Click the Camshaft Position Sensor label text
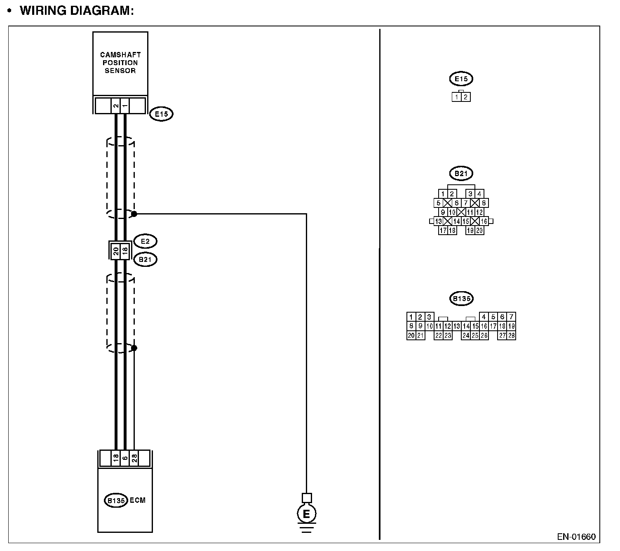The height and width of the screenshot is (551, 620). (x=120, y=63)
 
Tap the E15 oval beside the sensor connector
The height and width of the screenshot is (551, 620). (x=161, y=114)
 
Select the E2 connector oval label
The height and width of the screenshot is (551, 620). (x=145, y=241)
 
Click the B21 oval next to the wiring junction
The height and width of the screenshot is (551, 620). (x=145, y=260)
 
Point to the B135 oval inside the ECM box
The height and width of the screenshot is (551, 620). (x=116, y=501)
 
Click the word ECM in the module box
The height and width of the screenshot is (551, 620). (x=138, y=500)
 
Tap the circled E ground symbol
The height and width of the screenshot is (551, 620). (x=306, y=514)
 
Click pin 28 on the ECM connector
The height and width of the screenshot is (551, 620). (x=134, y=458)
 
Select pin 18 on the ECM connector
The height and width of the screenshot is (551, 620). (x=116, y=458)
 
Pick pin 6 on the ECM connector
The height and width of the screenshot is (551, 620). (x=125, y=458)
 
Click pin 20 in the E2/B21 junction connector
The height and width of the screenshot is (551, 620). (x=116, y=250)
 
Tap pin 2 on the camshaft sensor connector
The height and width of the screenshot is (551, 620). (x=116, y=106)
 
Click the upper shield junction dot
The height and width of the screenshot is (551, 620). (x=134, y=214)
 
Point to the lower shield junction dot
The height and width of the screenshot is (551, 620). (x=134, y=348)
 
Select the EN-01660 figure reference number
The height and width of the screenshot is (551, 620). (x=576, y=537)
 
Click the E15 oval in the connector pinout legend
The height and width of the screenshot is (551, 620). (x=461, y=79)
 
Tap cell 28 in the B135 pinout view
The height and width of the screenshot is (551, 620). (x=511, y=335)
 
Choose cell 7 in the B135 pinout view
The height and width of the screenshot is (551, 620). (x=511, y=317)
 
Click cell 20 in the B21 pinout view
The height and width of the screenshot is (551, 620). (x=479, y=231)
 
